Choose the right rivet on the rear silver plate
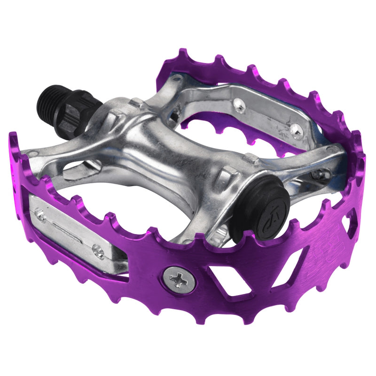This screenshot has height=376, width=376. (x=295, y=128)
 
